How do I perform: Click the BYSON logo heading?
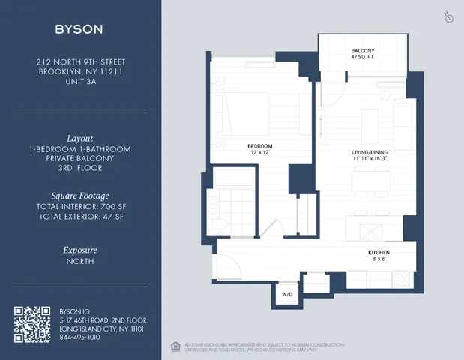click(79, 29)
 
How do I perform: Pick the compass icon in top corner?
click(449, 17)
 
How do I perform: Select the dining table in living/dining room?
click(372, 181)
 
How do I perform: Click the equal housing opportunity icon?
click(175, 346)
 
